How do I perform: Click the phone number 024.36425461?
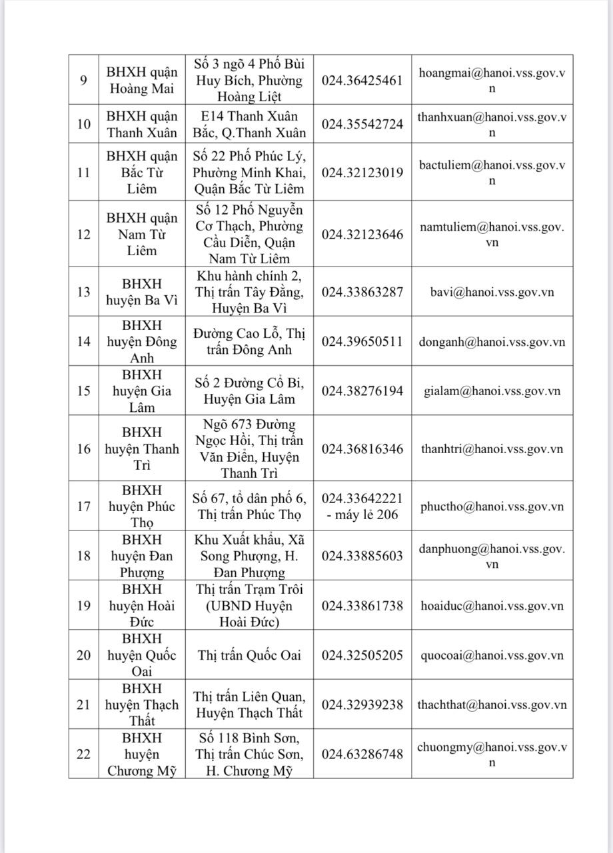(362, 81)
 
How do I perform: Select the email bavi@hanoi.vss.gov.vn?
(492, 292)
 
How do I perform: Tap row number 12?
(83, 235)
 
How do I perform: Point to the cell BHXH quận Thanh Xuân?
(142, 124)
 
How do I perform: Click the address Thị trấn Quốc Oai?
(249, 655)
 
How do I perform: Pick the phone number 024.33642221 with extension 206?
(362, 506)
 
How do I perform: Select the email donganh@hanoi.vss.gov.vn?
(492, 342)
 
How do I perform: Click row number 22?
(83, 754)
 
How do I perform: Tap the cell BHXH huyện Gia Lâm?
(142, 391)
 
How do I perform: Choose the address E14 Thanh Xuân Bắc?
(249, 124)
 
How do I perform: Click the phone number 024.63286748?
(362, 754)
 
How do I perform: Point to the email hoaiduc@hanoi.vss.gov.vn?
(492, 606)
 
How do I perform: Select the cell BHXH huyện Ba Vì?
(142, 292)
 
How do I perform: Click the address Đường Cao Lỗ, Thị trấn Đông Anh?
(249, 342)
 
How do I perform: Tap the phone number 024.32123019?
(362, 173)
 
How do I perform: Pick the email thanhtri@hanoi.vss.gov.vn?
(492, 448)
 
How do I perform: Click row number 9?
(83, 81)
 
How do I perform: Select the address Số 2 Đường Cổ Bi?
(249, 391)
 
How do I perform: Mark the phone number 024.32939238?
(362, 704)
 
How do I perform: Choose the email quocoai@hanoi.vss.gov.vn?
(492, 655)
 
